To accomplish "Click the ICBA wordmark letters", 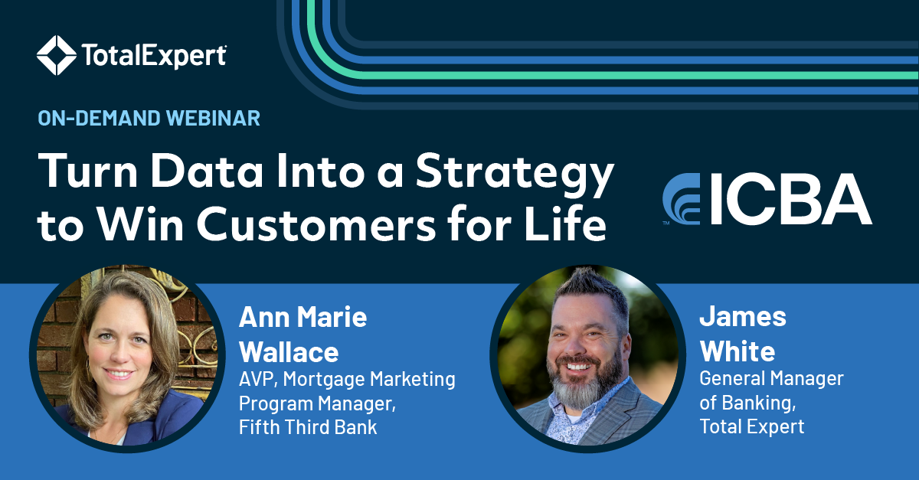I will [x=789, y=200].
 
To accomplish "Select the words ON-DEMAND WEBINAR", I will [x=149, y=119].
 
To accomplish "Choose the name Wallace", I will [x=288, y=351].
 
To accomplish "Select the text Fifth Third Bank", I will [x=308, y=426].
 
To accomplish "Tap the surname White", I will [x=737, y=351].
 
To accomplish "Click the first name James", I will [x=743, y=316].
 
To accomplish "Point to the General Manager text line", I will [x=771, y=378].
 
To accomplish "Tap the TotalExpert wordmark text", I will [x=153, y=56].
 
